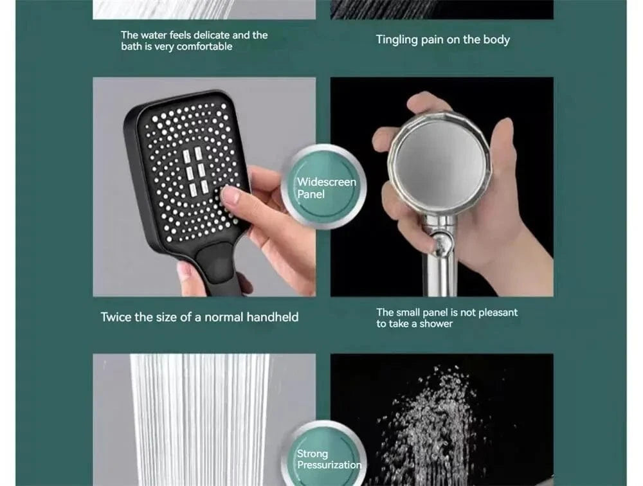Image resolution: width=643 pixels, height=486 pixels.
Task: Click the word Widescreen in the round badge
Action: click(x=326, y=182)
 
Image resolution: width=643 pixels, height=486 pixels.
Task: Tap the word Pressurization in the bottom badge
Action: click(x=329, y=465)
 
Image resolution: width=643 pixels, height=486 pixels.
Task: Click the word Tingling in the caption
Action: click(x=397, y=40)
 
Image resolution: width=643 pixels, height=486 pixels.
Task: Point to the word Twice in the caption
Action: click(x=116, y=317)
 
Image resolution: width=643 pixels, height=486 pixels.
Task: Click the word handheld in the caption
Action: click(x=273, y=317)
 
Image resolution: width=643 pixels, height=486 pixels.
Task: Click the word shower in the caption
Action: click(x=436, y=324)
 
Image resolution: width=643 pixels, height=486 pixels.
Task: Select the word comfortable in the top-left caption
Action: click(x=204, y=47)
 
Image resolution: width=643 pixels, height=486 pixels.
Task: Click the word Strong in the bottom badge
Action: click(x=312, y=454)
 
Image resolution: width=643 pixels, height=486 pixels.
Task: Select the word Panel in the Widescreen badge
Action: click(x=311, y=194)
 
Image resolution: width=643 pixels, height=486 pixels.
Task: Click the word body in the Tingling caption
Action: click(x=496, y=40)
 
